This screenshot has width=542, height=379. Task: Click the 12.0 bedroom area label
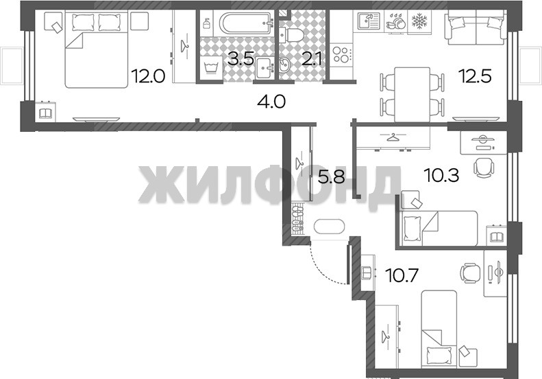(x=147, y=76)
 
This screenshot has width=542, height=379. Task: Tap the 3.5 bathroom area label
(x=241, y=59)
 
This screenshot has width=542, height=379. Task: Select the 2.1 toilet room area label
(x=312, y=59)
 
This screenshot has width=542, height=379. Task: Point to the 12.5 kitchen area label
(x=474, y=76)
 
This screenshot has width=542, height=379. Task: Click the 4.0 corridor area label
(x=271, y=102)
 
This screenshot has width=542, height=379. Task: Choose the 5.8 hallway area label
(x=331, y=178)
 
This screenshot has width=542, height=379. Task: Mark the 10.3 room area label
(x=442, y=176)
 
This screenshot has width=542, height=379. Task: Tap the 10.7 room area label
(x=402, y=276)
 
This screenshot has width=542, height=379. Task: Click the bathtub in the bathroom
(x=247, y=23)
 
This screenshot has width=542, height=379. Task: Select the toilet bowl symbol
(x=291, y=34)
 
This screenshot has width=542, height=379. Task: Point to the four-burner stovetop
(x=341, y=55)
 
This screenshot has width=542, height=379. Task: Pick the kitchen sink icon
(x=369, y=22)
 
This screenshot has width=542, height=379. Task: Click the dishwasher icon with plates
(x=396, y=22)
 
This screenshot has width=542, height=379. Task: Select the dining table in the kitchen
(x=412, y=94)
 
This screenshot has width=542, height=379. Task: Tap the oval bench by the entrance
(x=329, y=227)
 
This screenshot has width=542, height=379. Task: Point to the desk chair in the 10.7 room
(x=470, y=272)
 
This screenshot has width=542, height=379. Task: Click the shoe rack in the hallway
(x=297, y=220)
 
